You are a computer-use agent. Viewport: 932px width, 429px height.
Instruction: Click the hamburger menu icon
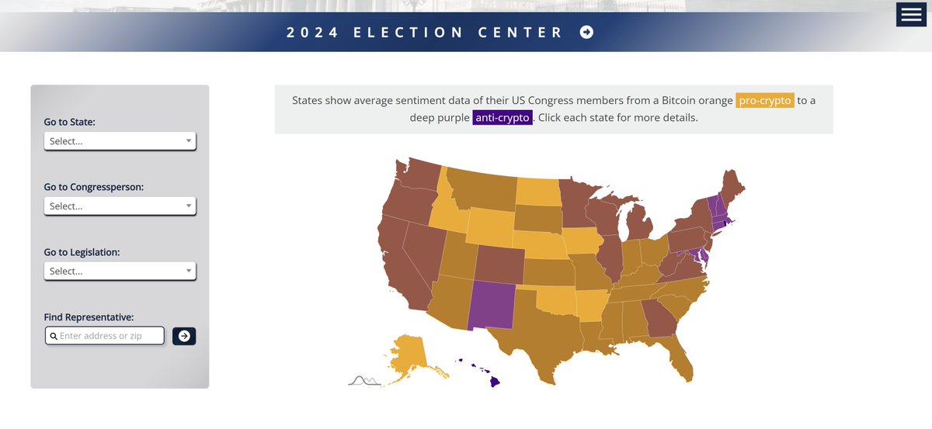click(x=911, y=15)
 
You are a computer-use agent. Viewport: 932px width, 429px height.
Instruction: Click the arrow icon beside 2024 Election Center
click(x=586, y=32)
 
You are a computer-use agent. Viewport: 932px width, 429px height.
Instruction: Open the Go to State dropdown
click(x=120, y=141)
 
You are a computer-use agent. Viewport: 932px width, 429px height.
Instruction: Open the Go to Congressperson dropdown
click(x=120, y=206)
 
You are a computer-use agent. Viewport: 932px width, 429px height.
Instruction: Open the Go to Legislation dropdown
click(x=120, y=272)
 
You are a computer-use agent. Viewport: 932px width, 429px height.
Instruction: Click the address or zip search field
click(x=106, y=336)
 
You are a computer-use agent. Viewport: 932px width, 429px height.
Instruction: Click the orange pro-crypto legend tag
click(x=764, y=101)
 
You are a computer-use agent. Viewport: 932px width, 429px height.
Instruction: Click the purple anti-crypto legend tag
click(x=502, y=118)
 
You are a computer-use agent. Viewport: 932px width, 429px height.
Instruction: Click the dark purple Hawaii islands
click(x=493, y=381)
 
